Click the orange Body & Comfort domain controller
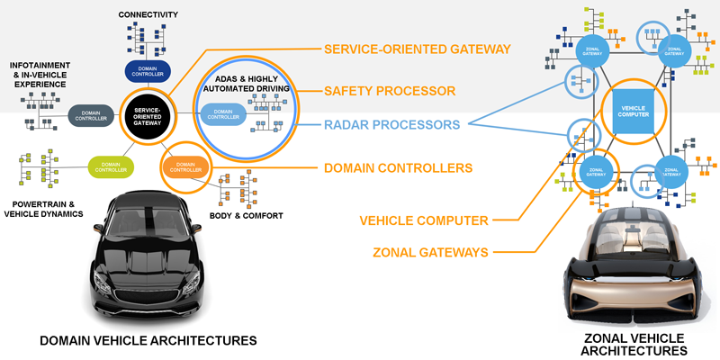(185, 166)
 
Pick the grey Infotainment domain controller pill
(91, 115)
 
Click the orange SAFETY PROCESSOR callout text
(389, 91)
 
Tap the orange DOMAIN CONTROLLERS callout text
(398, 167)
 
